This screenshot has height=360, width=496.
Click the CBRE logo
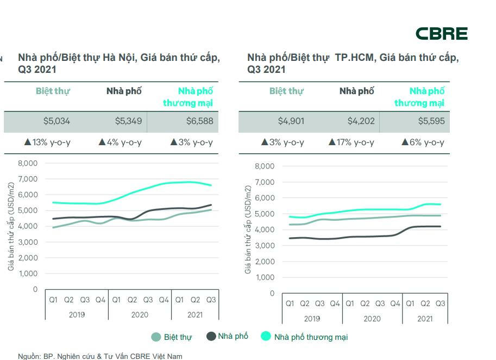coord(441,34)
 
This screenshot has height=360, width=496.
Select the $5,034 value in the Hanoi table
coord(56,121)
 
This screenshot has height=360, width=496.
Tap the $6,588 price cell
coord(199,121)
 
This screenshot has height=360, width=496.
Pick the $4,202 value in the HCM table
coord(361,121)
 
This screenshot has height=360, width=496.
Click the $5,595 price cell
coord(431,121)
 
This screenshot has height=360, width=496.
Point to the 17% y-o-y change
coord(351,142)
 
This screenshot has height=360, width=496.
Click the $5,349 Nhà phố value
coord(128,121)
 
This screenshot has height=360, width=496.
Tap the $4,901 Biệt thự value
coord(291,121)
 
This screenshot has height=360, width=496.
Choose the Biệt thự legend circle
coord(156,337)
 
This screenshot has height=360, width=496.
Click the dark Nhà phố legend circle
coord(211,336)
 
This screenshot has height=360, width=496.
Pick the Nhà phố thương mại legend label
coord(311,337)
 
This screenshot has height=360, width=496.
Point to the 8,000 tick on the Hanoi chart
coord(28,163)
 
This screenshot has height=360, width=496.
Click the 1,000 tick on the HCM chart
coord(265,277)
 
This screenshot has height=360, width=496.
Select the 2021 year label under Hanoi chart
coord(195,315)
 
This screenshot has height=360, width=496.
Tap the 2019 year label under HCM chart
coord(312,319)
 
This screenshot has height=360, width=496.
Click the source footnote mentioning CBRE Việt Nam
coord(100,356)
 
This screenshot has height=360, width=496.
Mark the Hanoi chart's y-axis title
coord(11,226)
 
